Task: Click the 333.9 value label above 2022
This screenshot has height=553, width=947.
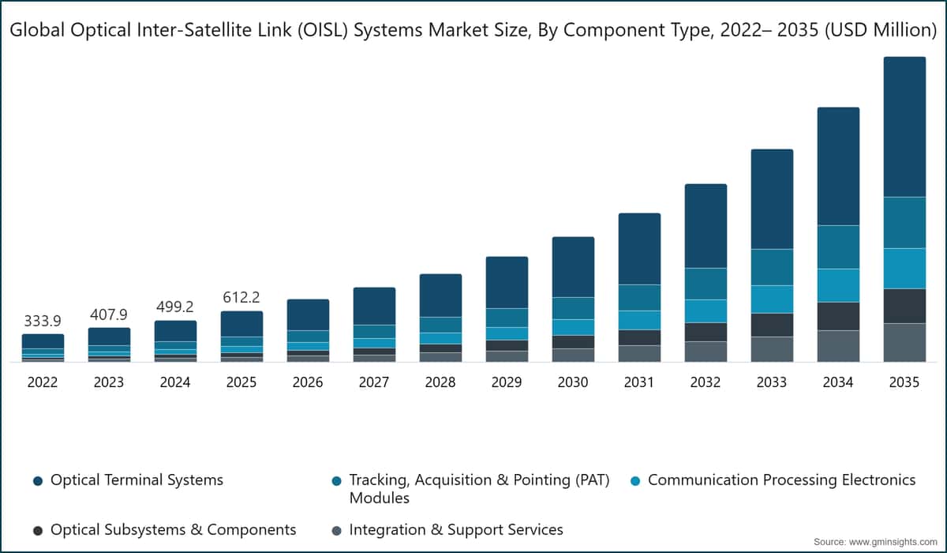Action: pos(43,322)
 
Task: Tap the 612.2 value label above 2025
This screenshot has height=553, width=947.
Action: pos(241,298)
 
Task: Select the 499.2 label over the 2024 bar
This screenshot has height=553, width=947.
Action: pos(175,307)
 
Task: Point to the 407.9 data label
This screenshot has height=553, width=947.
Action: pos(109,314)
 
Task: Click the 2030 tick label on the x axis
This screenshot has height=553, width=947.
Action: pos(573,382)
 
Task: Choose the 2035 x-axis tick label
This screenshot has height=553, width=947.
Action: pos(904,382)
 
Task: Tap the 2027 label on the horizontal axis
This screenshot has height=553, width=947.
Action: pos(374,382)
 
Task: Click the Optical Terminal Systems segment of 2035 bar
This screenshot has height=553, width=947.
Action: pos(904,127)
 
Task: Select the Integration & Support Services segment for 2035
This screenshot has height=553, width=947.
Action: pos(904,343)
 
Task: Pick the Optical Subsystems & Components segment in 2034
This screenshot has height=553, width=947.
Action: pos(838,317)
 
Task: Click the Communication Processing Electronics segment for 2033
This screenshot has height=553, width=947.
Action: pos(772,299)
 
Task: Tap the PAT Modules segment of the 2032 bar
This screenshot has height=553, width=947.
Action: pos(706,284)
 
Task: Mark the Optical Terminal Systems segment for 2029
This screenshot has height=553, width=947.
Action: pos(507,282)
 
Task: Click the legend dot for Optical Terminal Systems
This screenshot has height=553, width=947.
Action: pos(38,481)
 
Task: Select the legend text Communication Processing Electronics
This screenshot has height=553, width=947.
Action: pos(782,480)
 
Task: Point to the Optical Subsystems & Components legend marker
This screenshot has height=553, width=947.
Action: pos(38,531)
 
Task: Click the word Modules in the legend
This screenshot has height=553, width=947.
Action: pos(380,498)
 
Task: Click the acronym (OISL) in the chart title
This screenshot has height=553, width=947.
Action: pos(323,30)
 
